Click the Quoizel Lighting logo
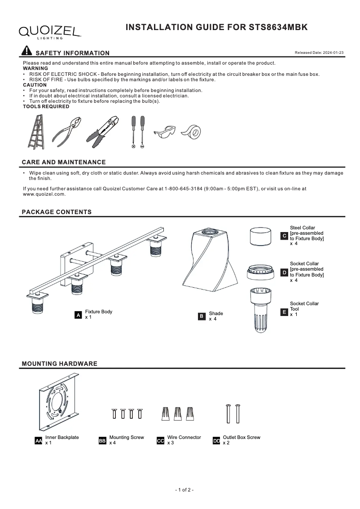click(x=49, y=31)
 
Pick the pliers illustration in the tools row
click(x=67, y=132)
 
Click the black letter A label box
click(x=79, y=316)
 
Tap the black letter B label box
click(x=202, y=317)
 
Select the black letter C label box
click(x=284, y=236)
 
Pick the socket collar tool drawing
click(x=260, y=310)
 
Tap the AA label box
click(x=39, y=441)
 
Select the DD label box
click(x=216, y=441)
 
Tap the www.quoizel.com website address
click(x=44, y=194)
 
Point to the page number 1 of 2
click(x=184, y=490)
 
